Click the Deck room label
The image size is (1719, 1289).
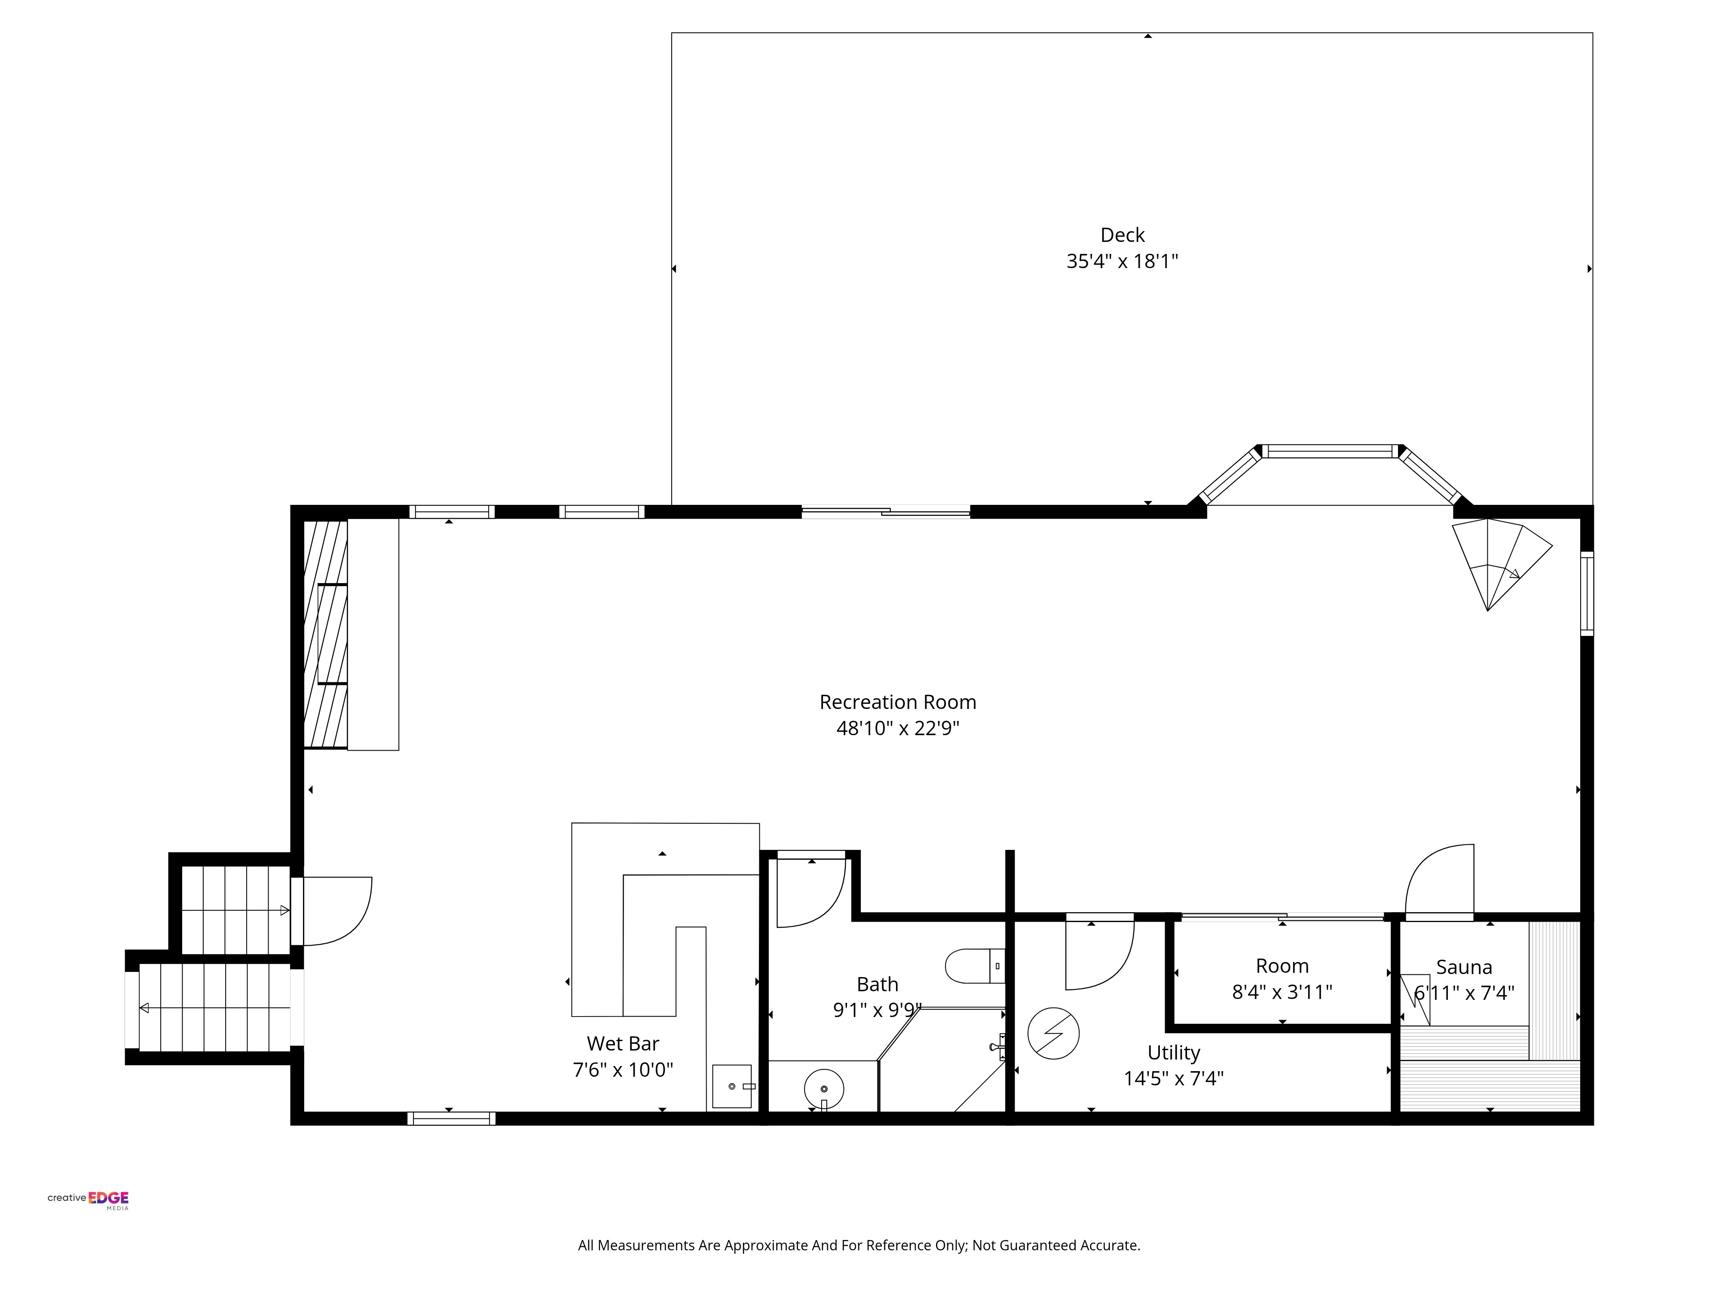click(1122, 235)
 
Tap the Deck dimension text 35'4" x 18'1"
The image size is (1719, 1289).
click(1122, 261)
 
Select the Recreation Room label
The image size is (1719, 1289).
click(898, 703)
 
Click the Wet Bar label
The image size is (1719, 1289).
click(622, 1044)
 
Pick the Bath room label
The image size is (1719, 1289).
click(878, 984)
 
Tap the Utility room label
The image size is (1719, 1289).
click(1174, 1053)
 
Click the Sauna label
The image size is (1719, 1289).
click(1464, 967)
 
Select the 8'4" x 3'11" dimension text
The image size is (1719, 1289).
click(1282, 992)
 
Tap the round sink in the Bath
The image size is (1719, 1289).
click(824, 1088)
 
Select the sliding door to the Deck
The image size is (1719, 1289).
click(886, 511)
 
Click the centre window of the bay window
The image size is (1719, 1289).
click(1330, 451)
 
